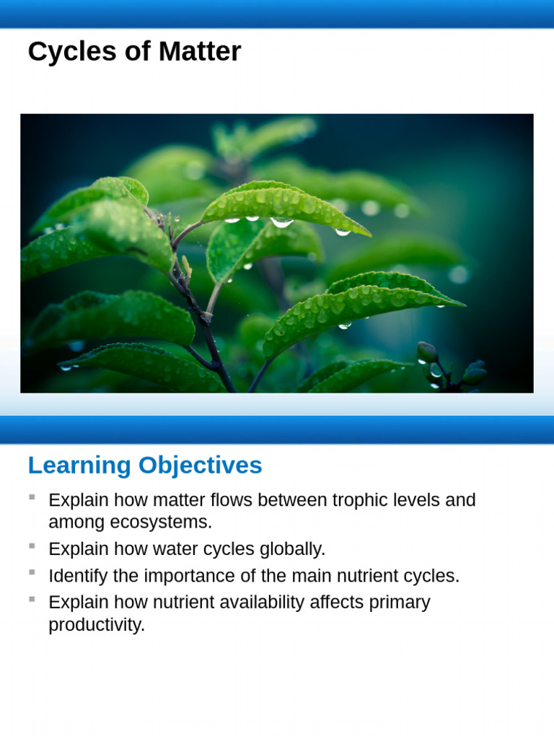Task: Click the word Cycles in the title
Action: tap(63, 52)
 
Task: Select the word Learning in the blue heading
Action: tap(79, 465)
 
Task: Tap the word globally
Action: tap(295, 549)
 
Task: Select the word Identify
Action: tap(77, 576)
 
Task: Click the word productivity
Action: tap(97, 625)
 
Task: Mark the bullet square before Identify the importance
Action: tap(32, 572)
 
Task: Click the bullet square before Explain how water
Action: tap(32, 546)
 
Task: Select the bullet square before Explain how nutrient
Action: tap(32, 599)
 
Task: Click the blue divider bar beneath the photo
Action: tap(277, 429)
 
